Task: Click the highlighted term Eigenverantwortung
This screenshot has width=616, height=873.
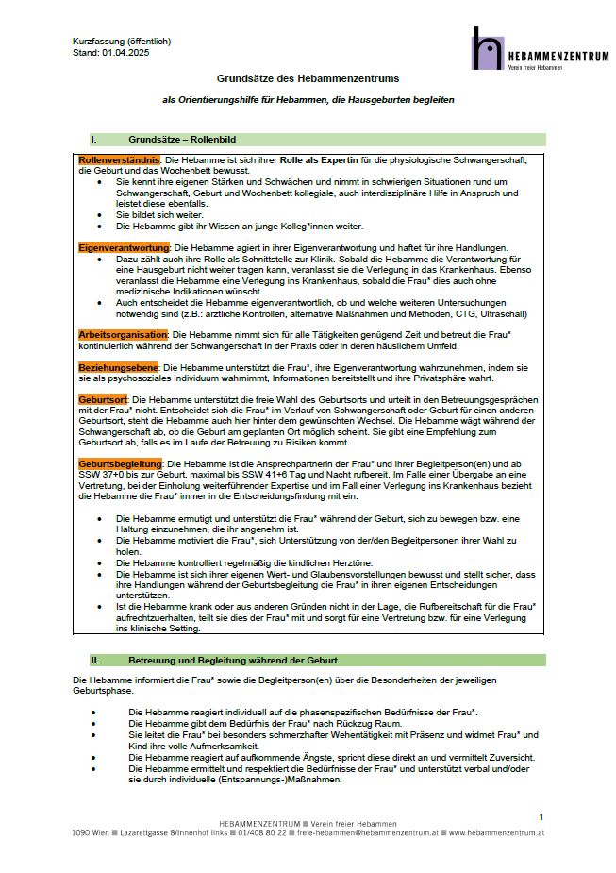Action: (x=122, y=246)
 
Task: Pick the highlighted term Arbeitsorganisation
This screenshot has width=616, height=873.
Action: (x=123, y=334)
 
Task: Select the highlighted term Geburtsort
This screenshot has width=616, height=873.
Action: (x=103, y=400)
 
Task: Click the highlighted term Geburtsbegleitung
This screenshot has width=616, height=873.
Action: (x=121, y=463)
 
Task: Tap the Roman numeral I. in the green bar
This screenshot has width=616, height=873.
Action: (x=93, y=139)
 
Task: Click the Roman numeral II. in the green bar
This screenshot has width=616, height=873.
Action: (x=94, y=660)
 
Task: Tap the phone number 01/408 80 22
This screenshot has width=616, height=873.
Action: (x=263, y=833)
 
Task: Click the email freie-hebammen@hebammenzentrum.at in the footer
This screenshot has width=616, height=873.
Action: (x=368, y=833)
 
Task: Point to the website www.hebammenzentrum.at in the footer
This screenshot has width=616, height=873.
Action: (x=496, y=833)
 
